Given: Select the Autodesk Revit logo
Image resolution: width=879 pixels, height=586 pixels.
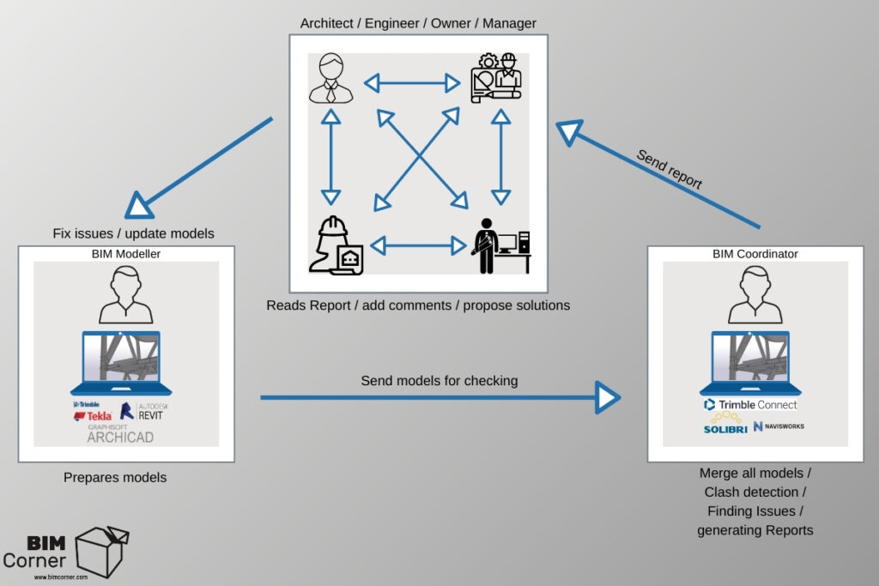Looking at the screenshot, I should click(141, 411).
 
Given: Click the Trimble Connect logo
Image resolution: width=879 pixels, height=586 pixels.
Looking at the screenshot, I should click(750, 404).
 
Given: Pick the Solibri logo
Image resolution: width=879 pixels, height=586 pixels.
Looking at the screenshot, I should click(724, 425).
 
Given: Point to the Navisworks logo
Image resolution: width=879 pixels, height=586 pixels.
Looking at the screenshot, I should click(779, 426).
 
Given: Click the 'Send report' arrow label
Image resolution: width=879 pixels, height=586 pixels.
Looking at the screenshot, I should click(669, 170).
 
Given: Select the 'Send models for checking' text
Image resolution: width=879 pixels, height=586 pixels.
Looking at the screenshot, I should click(439, 380).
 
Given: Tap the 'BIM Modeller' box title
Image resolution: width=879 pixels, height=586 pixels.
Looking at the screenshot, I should click(126, 254).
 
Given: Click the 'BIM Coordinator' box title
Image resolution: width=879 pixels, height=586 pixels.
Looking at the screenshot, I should click(755, 254).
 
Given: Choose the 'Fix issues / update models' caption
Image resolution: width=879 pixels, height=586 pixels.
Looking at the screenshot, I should click(133, 233).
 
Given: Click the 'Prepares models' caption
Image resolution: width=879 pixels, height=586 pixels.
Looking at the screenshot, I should click(115, 477).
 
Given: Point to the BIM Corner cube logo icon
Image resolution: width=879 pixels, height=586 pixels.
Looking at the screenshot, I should click(102, 550).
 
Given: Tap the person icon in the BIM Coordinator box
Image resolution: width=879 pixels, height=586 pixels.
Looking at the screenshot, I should click(750, 294).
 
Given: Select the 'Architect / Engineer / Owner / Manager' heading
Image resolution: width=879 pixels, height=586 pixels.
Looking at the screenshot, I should click(418, 23).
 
